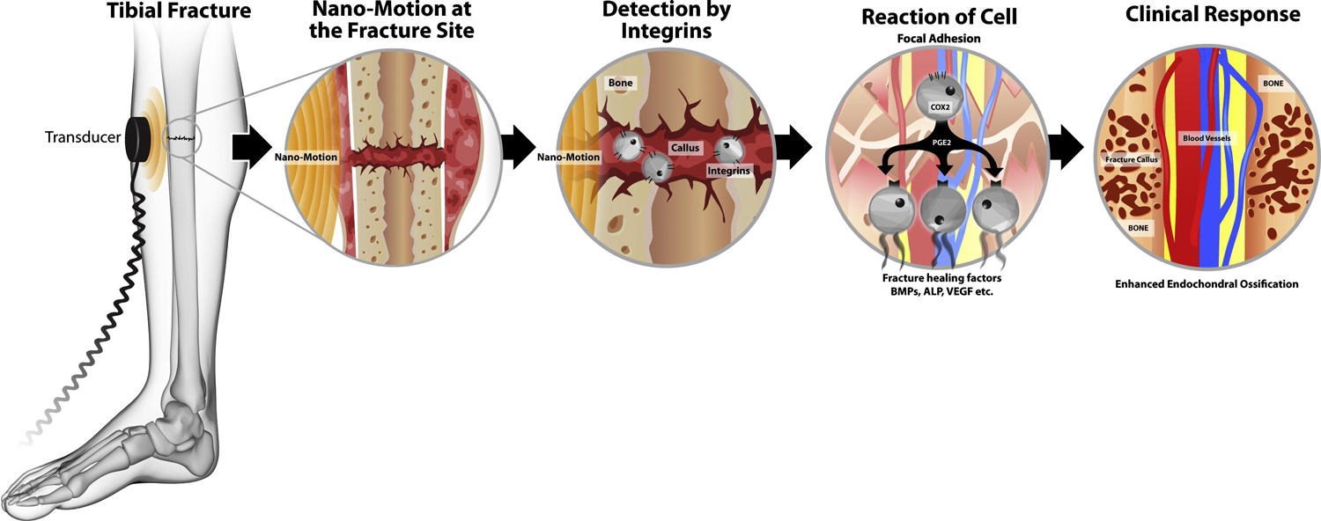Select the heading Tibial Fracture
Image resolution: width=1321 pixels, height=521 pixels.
tap(179, 13)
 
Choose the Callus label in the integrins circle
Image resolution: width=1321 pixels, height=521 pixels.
tap(683, 150)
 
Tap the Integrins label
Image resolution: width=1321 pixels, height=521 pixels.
tap(728, 171)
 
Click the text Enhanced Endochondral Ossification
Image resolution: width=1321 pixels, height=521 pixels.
tap(1204, 283)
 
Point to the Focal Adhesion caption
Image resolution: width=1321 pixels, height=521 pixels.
tap(938, 38)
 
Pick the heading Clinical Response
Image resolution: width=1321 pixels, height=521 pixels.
tap(1212, 14)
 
